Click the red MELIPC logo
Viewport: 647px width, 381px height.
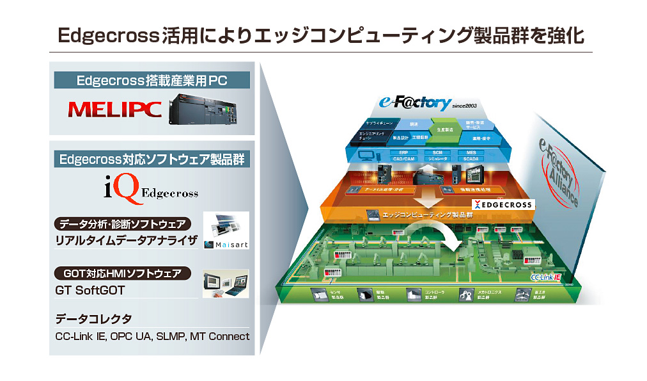[114, 109]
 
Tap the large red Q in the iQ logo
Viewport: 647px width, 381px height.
[126, 190]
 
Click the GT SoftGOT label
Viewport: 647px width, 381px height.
[90, 290]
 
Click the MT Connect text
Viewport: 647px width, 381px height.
[219, 336]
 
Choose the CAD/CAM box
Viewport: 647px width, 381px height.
[402, 159]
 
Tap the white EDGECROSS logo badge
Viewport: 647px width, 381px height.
[501, 204]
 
